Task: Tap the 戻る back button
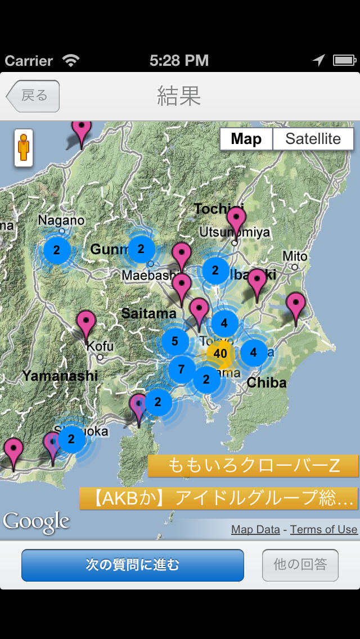33,96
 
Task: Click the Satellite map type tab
313,139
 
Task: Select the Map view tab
246,139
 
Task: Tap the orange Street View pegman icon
23,148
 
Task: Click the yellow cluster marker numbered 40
220,354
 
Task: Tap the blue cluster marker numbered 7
181,370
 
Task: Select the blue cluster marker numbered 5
175,341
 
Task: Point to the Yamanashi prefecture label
60,376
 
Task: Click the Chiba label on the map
267,383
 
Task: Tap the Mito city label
295,256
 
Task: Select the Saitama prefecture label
148,314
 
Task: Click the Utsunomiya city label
235,232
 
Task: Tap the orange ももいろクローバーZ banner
253,466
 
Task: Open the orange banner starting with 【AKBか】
219,498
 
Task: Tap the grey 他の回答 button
300,565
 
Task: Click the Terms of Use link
323,529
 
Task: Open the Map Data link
255,529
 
